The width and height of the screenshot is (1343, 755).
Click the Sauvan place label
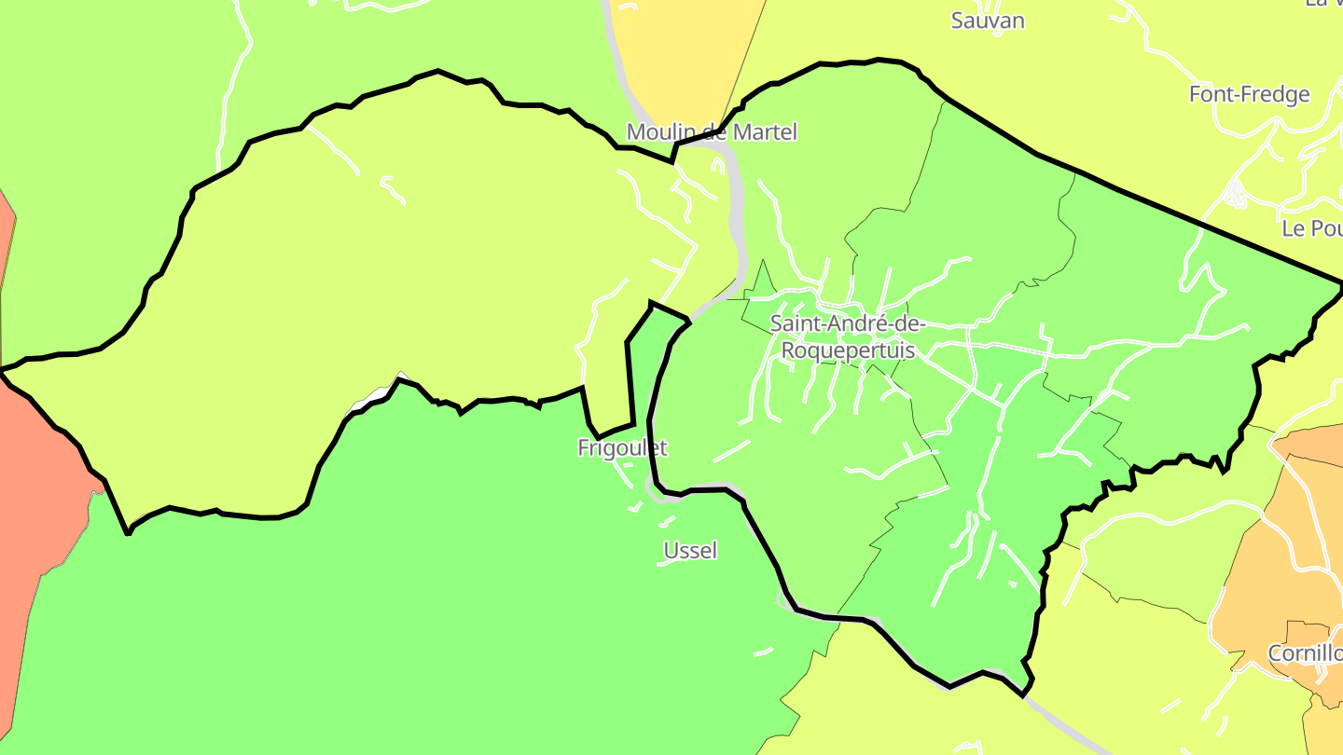point(988,21)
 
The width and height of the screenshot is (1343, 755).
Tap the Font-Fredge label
point(1249,94)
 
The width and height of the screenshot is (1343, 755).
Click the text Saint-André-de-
point(847,324)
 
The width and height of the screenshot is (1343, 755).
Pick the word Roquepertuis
point(847,350)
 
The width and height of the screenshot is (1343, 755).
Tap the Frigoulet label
point(622,448)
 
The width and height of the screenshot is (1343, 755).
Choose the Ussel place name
point(690,551)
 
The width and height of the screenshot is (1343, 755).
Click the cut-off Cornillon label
point(1305,653)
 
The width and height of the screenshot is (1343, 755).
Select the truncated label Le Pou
point(1311,228)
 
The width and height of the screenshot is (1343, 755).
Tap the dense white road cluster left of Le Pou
point(1236,194)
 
